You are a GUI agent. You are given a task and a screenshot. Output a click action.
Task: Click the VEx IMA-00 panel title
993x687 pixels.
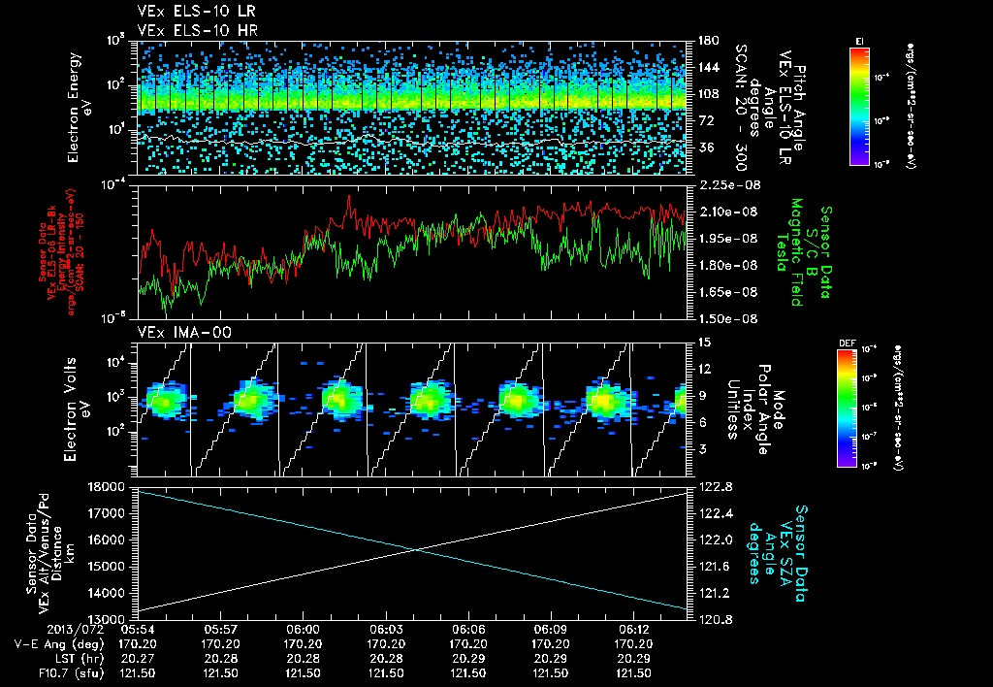click(176, 332)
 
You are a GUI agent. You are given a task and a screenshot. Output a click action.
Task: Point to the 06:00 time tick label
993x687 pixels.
click(303, 629)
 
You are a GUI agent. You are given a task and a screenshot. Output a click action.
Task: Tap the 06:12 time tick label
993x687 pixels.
click(633, 629)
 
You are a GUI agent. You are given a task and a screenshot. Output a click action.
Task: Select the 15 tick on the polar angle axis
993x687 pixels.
click(701, 342)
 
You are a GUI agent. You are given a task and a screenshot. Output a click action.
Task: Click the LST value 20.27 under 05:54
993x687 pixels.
click(138, 658)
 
